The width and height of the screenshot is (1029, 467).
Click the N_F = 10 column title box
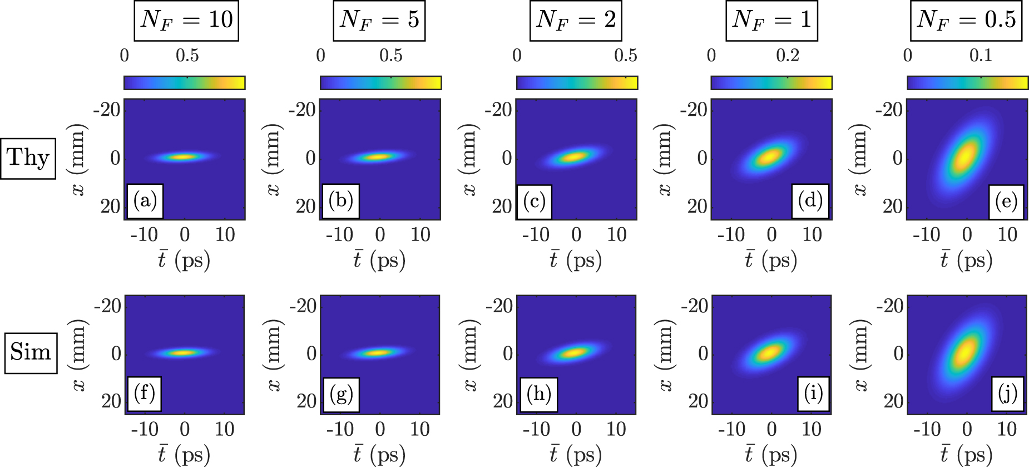click(x=186, y=21)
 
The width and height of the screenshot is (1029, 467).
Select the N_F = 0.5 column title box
click(x=966, y=21)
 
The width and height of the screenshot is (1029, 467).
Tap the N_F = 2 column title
click(x=576, y=21)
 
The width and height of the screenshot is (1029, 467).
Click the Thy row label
click(x=28, y=158)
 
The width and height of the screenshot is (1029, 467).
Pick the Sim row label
click(x=31, y=353)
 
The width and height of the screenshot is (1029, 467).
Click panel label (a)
click(x=145, y=200)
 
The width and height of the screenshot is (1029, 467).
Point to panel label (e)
click(x=1006, y=201)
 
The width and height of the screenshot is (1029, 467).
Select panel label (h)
click(x=539, y=395)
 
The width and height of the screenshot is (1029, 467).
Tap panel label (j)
click(x=1007, y=394)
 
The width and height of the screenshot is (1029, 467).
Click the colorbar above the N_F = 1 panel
click(x=771, y=83)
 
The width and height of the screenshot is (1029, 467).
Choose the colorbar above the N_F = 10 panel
click(x=184, y=83)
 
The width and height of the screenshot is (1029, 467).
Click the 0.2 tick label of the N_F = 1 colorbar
click(x=787, y=56)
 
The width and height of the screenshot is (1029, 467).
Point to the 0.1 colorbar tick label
click(x=981, y=56)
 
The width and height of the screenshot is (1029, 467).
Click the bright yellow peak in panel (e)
click(x=966, y=157)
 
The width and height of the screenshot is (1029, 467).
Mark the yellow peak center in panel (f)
click(x=183, y=352)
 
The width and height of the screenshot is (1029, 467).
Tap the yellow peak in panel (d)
click(x=770, y=157)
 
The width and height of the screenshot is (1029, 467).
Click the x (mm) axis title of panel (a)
click(x=78, y=160)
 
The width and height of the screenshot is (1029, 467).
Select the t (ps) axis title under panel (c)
click(x=576, y=260)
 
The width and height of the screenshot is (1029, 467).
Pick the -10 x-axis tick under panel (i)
click(x=731, y=429)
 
